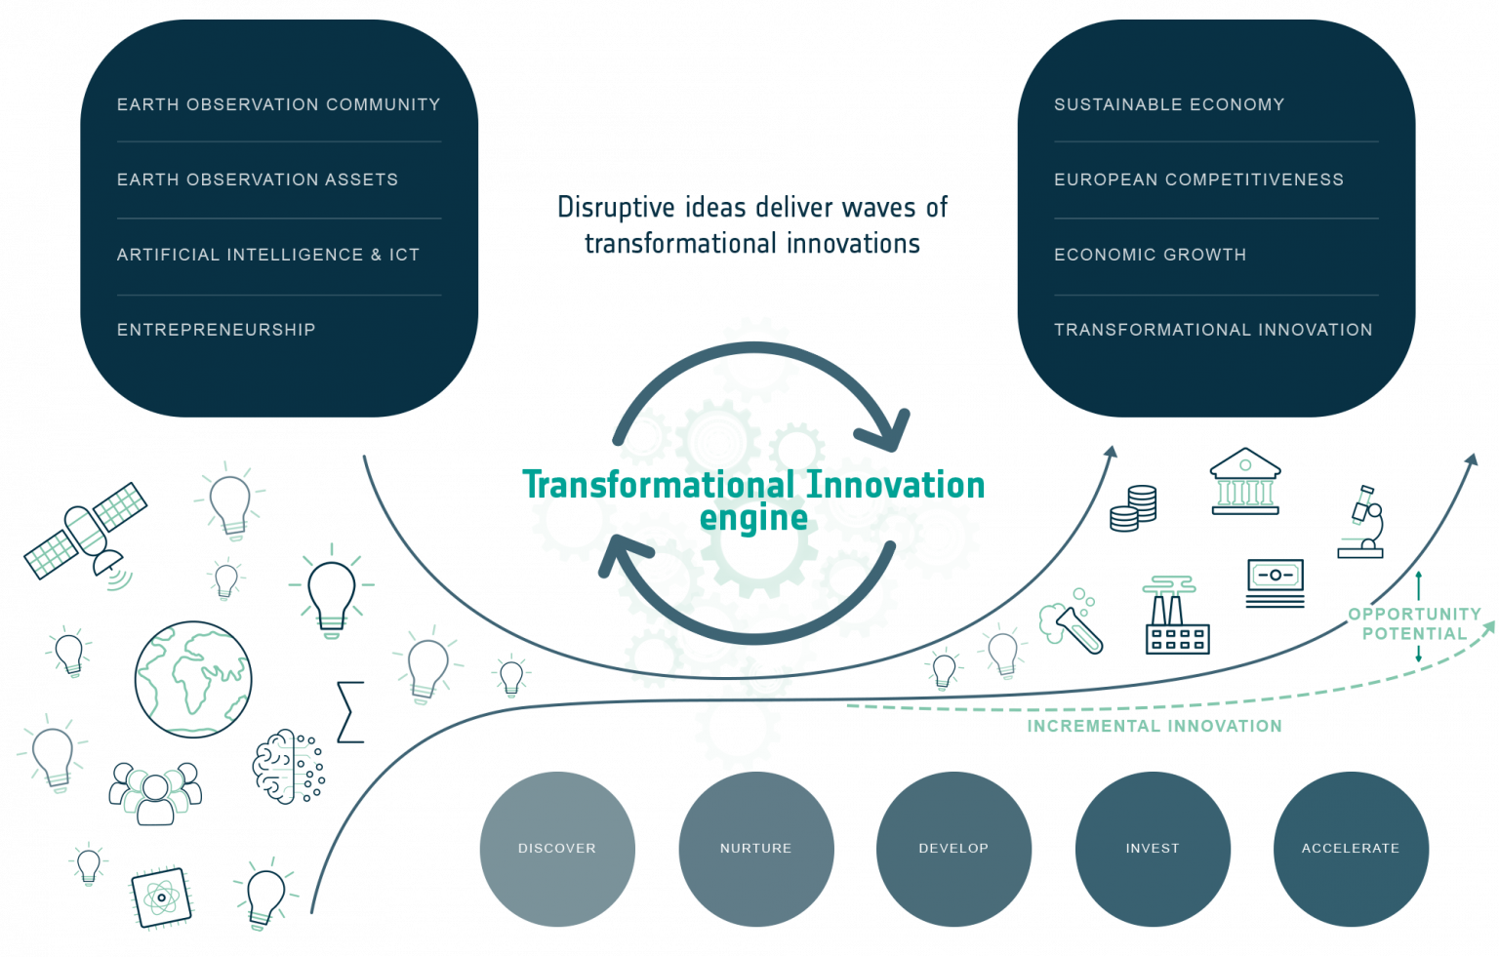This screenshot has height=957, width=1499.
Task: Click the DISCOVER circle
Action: point(557,849)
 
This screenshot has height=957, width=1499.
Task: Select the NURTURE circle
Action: point(756,849)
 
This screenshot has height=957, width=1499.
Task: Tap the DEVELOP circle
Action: point(953,849)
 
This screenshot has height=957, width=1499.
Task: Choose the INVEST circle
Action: point(1153,849)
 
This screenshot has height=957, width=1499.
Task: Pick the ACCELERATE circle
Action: point(1351,849)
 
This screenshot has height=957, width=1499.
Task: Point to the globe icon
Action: point(193,680)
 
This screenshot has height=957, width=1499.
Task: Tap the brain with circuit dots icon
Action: point(289,767)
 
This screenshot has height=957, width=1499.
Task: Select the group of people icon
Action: point(155,794)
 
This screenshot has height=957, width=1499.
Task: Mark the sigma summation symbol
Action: point(350,712)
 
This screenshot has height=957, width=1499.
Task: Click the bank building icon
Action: point(1244,482)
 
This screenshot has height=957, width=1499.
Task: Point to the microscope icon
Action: point(1361,522)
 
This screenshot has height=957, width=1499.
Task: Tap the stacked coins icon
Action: point(1133,508)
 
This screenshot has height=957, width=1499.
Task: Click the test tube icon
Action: point(1070,621)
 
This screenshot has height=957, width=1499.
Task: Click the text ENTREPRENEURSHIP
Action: point(216,330)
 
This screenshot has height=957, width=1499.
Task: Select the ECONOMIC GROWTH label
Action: point(1151,255)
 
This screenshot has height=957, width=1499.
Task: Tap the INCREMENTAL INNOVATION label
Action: point(1155,726)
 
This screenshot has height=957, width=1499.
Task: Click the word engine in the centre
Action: point(753,519)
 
